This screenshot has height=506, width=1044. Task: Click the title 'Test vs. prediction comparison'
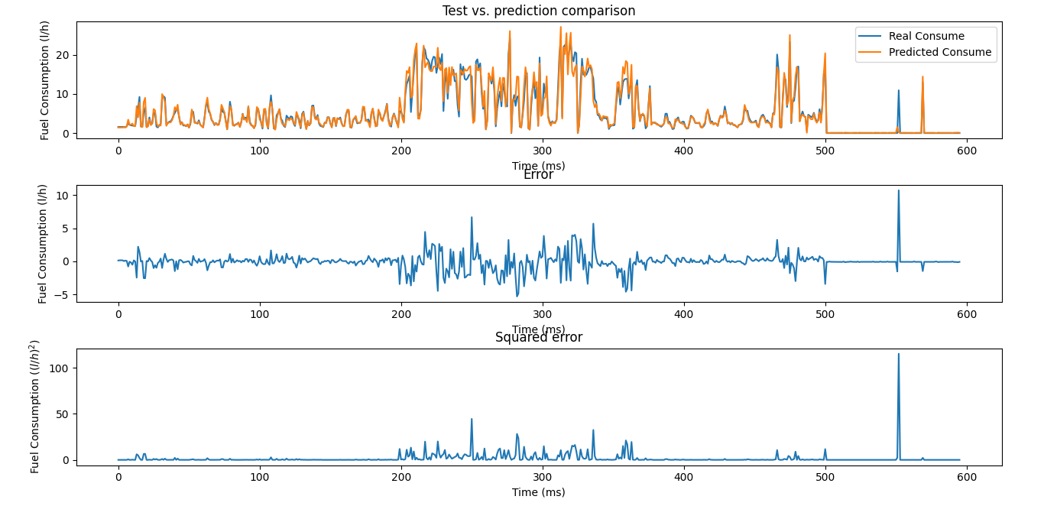click(538, 11)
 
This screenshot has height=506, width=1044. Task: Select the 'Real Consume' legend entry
click(926, 36)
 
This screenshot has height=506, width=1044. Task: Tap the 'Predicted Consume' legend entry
click(939, 53)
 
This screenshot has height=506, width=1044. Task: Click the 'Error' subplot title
click(538, 175)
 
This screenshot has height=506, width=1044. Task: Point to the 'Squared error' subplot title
click(538, 338)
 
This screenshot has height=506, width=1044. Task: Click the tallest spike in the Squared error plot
click(898, 355)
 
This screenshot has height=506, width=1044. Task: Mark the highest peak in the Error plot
click(898, 191)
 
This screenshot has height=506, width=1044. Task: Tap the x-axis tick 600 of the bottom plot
click(967, 477)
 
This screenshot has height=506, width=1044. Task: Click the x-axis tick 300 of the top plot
click(543, 151)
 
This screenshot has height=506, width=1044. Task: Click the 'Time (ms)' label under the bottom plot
click(538, 492)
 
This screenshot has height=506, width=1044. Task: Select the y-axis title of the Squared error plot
click(34, 407)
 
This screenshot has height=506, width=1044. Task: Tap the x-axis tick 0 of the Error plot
click(118, 314)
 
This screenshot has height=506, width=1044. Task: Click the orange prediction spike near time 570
click(922, 78)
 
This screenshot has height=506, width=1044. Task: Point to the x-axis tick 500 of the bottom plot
click(825, 477)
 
